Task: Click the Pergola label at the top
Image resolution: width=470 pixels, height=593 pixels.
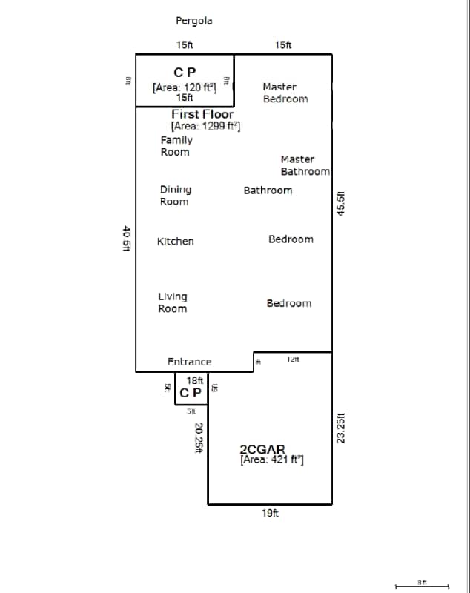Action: pos(193,21)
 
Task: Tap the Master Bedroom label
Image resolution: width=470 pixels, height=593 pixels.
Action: pos(285,93)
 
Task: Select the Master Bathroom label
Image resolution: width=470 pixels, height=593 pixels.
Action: pos(304,165)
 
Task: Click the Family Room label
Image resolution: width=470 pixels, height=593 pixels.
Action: pos(176,146)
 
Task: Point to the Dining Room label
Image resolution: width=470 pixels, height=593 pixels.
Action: pos(175,195)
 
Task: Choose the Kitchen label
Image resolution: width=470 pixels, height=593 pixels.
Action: pos(176,242)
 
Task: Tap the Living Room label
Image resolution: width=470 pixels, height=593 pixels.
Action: pos(173,302)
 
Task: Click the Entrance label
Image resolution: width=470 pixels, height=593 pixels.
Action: pos(189,362)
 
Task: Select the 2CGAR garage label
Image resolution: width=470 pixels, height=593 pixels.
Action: pos(262,449)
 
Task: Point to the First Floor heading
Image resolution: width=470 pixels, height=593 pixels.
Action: pos(202,114)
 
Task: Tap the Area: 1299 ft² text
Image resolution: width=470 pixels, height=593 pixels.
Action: pos(205,126)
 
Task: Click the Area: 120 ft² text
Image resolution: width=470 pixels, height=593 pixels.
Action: pos(185,87)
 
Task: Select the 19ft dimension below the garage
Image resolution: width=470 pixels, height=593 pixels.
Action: pos(270,513)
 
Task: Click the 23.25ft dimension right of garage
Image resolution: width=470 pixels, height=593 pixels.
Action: pos(341,428)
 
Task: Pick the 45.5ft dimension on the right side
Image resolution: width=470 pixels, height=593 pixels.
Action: pos(341,203)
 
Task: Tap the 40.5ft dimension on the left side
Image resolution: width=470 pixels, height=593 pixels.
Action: pos(126,239)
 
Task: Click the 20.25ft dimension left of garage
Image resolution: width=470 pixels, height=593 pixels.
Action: pos(198,437)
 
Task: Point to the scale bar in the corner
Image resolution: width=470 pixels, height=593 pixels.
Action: pos(422,586)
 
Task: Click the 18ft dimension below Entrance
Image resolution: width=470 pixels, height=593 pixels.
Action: pos(194,380)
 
